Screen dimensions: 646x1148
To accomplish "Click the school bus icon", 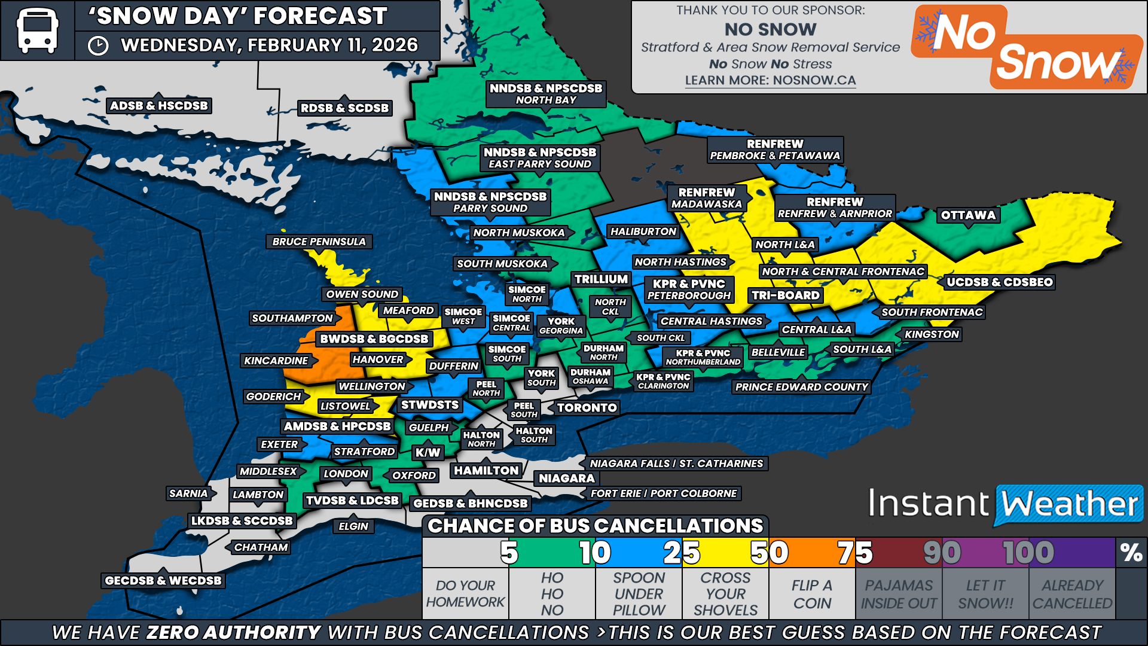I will [x=37, y=31].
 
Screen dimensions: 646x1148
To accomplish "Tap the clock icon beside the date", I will [x=98, y=46].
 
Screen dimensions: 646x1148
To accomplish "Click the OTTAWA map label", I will [x=968, y=215].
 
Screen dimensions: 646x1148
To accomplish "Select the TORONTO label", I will [x=587, y=408].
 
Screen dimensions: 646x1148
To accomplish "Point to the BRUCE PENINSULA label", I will [x=319, y=242].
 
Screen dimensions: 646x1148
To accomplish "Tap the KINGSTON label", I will [x=932, y=334].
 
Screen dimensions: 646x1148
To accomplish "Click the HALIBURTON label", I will [x=643, y=231].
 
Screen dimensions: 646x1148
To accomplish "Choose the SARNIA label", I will [x=188, y=493].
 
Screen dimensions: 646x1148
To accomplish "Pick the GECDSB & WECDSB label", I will [x=163, y=581].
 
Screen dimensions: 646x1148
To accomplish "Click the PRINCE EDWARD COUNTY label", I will [x=801, y=387].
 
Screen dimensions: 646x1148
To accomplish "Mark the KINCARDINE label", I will [x=276, y=361].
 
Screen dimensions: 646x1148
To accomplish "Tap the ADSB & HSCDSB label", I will [x=159, y=106].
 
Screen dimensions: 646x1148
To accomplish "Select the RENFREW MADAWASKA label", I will [x=706, y=198].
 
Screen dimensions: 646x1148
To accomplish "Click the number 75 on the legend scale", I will [x=854, y=553].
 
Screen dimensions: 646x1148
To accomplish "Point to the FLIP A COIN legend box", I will [x=812, y=594].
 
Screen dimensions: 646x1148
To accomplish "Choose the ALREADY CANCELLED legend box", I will [x=1072, y=594].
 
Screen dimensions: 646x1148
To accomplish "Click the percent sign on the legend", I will [x=1131, y=553].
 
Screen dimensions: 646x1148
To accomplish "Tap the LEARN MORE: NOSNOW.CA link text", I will [x=770, y=80].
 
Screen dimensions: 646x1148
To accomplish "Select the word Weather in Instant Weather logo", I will [x=1069, y=504].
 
